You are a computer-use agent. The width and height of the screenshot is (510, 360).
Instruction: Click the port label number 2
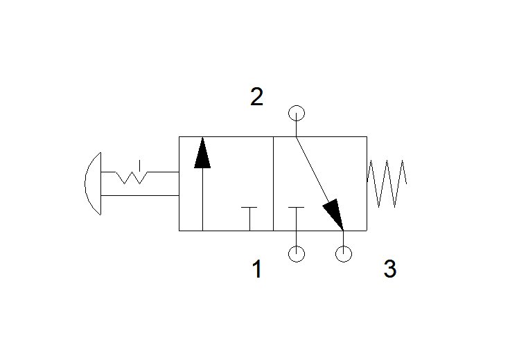pyautogui.click(x=256, y=96)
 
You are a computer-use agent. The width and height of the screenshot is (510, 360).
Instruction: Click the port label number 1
pyautogui.click(x=257, y=269)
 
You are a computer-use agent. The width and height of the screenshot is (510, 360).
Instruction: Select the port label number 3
pyautogui.click(x=390, y=269)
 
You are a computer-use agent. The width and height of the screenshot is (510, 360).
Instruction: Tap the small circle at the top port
pyautogui.click(x=297, y=114)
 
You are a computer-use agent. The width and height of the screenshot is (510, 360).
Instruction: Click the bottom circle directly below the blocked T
pyautogui.click(x=297, y=254)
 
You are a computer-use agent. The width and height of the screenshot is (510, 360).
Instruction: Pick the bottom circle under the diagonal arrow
pyautogui.click(x=344, y=253)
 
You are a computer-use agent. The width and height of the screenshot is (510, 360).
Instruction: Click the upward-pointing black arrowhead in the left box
pyautogui.click(x=202, y=153)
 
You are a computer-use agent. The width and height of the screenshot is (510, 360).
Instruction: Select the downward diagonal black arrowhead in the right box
pyautogui.click(x=334, y=214)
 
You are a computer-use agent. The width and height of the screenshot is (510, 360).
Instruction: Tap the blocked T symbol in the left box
pyautogui.click(x=249, y=218)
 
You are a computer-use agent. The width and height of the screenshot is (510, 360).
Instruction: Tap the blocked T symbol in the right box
pyautogui.click(x=297, y=218)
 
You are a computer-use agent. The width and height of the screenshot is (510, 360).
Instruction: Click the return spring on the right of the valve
pyautogui.click(x=387, y=183)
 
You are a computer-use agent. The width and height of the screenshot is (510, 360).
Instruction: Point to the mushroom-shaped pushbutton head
pyautogui.click(x=93, y=183)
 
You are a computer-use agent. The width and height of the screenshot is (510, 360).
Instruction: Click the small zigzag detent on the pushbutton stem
pyautogui.click(x=132, y=177)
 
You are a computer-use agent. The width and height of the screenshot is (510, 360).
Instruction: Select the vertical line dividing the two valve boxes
pyautogui.click(x=273, y=184)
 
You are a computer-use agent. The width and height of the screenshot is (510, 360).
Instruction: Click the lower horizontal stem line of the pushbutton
pyautogui.click(x=140, y=196)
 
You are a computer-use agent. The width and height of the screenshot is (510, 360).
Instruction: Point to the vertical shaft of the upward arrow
pyautogui.click(x=202, y=199)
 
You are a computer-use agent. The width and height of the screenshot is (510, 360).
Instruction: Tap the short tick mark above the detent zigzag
pyautogui.click(x=139, y=165)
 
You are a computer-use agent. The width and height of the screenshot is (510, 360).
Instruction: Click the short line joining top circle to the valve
pyautogui.click(x=297, y=129)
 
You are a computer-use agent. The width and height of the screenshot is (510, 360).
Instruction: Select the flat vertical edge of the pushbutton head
pyautogui.click(x=101, y=183)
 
